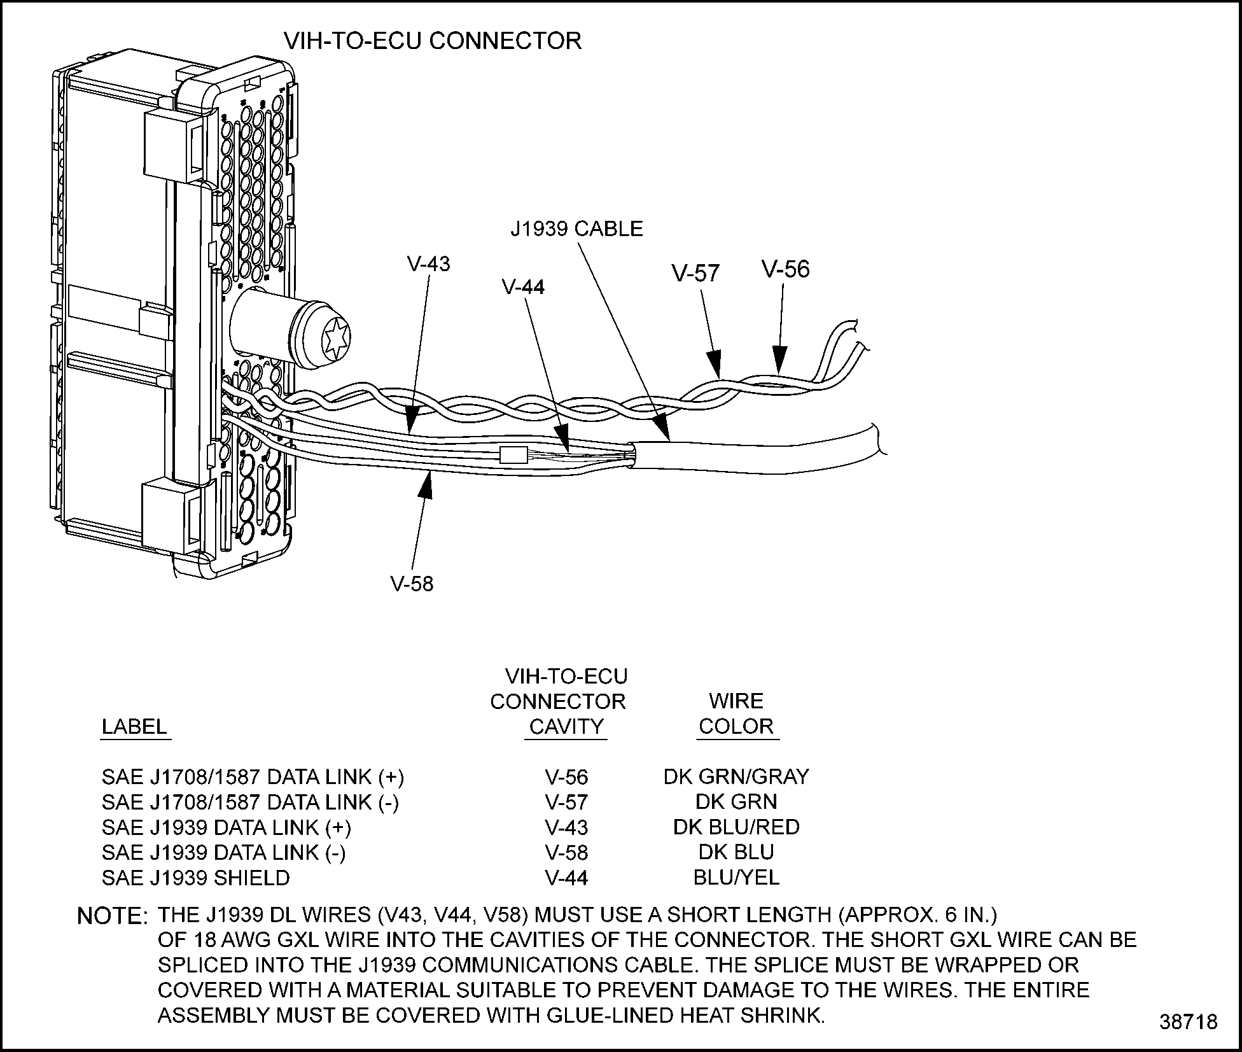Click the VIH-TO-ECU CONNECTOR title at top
pyautogui.click(x=432, y=41)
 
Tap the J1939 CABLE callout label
pyautogui.click(x=576, y=228)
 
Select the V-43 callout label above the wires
pyautogui.click(x=428, y=263)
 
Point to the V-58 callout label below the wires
pyautogui.click(x=412, y=584)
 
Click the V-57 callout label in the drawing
pyautogui.click(x=695, y=273)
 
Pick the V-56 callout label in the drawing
pyautogui.click(x=786, y=269)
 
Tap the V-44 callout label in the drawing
pyautogui.click(x=523, y=287)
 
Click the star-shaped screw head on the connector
pyautogui.click(x=337, y=337)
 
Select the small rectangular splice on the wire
pyautogui.click(x=512, y=454)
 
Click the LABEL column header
pyautogui.click(x=134, y=727)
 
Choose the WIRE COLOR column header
pyautogui.click(x=736, y=714)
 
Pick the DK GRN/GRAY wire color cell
pyautogui.click(x=736, y=776)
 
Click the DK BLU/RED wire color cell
pyautogui.click(x=736, y=827)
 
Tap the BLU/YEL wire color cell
pyautogui.click(x=736, y=878)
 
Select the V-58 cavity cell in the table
pyautogui.click(x=566, y=852)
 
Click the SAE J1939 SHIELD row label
pyautogui.click(x=196, y=878)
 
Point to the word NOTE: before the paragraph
pyautogui.click(x=112, y=916)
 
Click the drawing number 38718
pyautogui.click(x=1188, y=1022)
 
